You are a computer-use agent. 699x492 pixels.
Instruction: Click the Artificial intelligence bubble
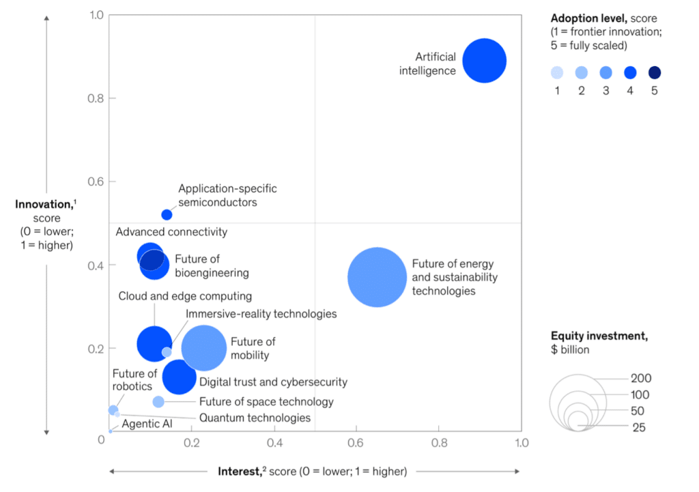pos(484,61)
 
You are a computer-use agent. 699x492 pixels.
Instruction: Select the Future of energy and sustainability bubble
pos(377,278)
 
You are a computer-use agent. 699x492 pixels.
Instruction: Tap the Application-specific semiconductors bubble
pos(167,214)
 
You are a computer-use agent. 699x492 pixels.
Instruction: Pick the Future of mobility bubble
pos(203,348)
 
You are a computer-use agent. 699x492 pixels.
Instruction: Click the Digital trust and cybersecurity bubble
pos(179,377)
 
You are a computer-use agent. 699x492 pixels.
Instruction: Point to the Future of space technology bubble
pos(158,401)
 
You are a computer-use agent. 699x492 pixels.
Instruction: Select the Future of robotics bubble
pos(113,409)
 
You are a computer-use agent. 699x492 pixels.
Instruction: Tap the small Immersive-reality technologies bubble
pos(167,352)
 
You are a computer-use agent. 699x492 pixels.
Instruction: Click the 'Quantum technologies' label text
pos(255,418)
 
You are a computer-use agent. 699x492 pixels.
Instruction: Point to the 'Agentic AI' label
pos(147,424)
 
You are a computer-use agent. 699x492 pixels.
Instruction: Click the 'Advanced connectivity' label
pos(171,232)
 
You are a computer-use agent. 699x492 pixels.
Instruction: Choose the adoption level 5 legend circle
pos(654,73)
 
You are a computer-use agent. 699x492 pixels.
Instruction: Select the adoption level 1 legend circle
pos(557,73)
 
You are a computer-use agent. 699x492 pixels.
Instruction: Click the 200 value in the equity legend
pos(641,379)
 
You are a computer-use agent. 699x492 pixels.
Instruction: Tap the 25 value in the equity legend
pos(638,428)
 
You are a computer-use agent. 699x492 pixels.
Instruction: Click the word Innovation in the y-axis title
pos(44,204)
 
